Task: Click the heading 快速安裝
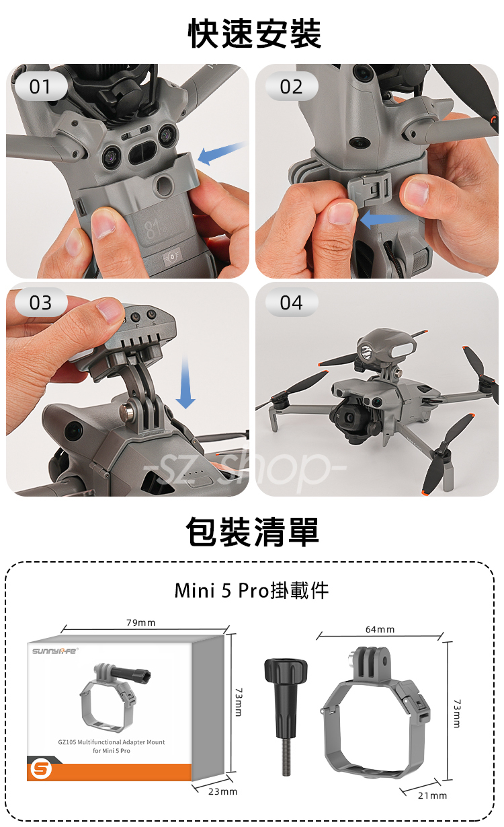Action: [x=255, y=34]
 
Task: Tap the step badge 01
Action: [x=40, y=86]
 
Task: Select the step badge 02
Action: [x=291, y=86]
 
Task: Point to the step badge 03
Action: [x=40, y=302]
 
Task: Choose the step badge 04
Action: [x=291, y=302]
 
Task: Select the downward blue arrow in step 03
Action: [x=185, y=382]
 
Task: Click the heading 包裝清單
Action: [x=252, y=532]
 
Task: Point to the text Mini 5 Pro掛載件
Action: [x=251, y=591]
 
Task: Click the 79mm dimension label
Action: [x=141, y=623]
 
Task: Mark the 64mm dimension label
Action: [x=380, y=629]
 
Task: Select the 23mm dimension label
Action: [x=222, y=791]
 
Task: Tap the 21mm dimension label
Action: [x=432, y=795]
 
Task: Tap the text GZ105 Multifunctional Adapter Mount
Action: [x=112, y=742]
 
